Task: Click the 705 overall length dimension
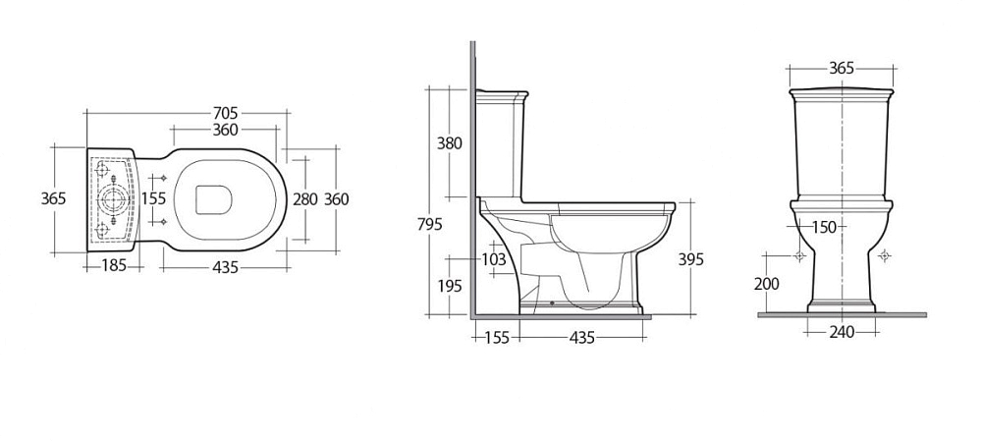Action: click(226, 113)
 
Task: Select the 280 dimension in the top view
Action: click(305, 199)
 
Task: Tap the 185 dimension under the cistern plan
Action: click(114, 266)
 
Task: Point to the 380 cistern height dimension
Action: click(449, 143)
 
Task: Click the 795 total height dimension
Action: click(430, 224)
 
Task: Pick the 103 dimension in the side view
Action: click(493, 258)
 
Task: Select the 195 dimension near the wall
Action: click(449, 286)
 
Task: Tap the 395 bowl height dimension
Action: click(690, 258)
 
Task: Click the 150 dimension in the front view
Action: click(824, 228)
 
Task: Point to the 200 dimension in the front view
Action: click(767, 284)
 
